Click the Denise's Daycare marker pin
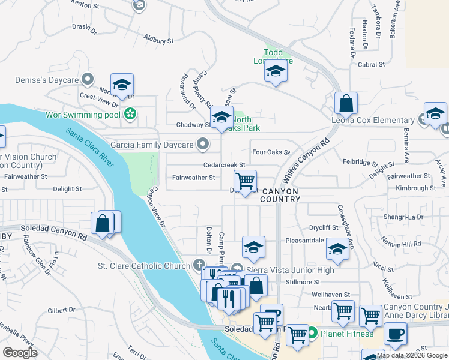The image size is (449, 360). [88, 79]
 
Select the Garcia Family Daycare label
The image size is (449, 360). [152, 145]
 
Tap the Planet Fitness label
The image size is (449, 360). [346, 333]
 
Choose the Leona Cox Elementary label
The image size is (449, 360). [373, 120]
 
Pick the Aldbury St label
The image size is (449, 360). [158, 40]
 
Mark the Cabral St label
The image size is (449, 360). [372, 64]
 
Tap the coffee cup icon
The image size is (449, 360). [395, 334]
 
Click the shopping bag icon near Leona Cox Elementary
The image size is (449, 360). [346, 103]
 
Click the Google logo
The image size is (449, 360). [20, 353]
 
